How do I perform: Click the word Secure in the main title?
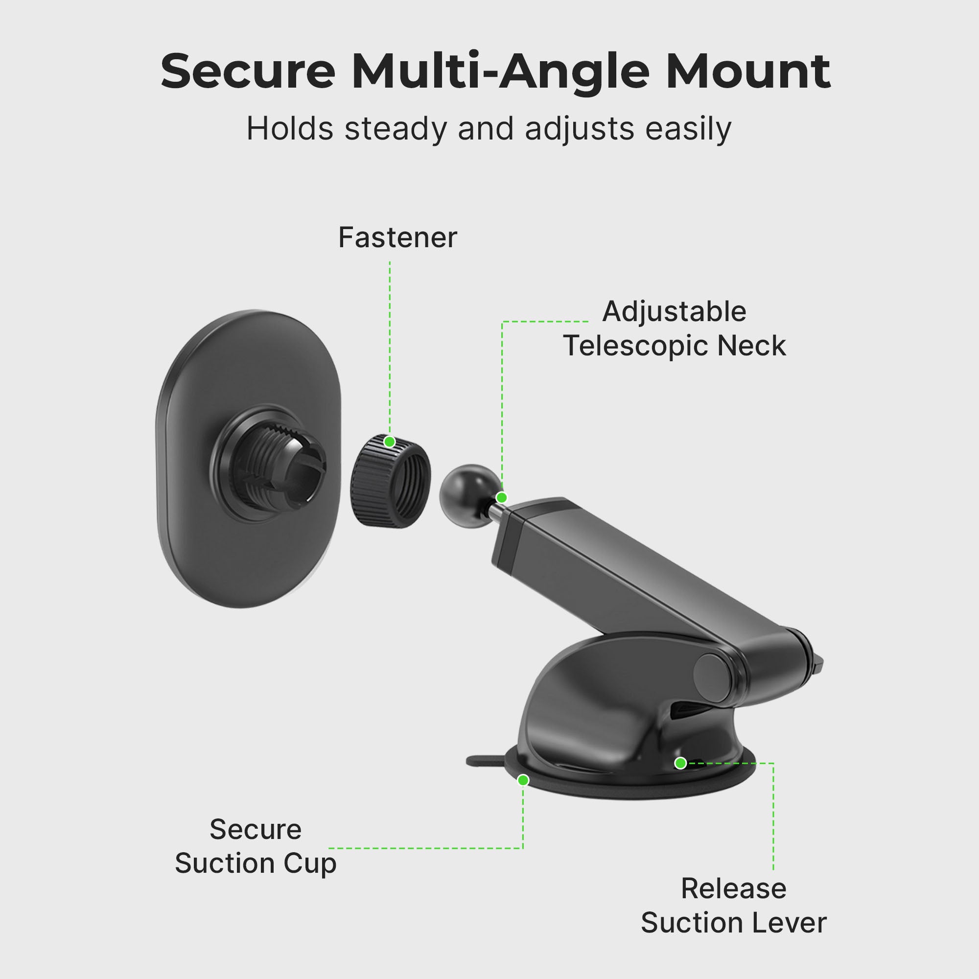pos(248,71)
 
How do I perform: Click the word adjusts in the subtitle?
pos(579,129)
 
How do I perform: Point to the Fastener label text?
pos(397,238)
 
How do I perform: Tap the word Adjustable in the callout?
pos(674,312)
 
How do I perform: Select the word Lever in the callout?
pos(797,923)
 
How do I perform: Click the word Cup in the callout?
pos(310,863)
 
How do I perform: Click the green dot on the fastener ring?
pos(389,442)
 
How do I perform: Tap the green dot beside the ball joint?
pos(502,498)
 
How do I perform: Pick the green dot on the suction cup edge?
pos(523,780)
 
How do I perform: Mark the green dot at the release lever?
pos(680,763)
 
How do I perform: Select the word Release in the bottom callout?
pos(733,889)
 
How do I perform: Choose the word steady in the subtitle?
pos(396,129)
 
